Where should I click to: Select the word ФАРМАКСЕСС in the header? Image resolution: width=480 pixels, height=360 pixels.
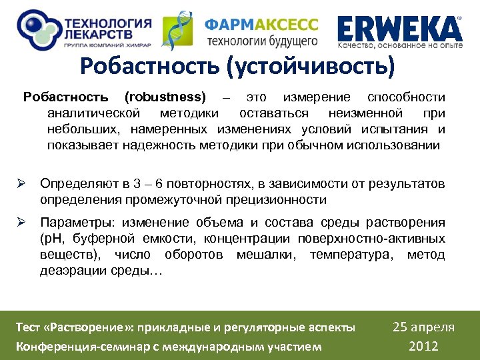click(261, 25)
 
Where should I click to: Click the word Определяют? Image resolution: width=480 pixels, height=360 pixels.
click(75, 184)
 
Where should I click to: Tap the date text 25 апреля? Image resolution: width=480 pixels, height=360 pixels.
click(423, 327)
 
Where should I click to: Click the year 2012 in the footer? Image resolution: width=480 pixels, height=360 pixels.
click(423, 345)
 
